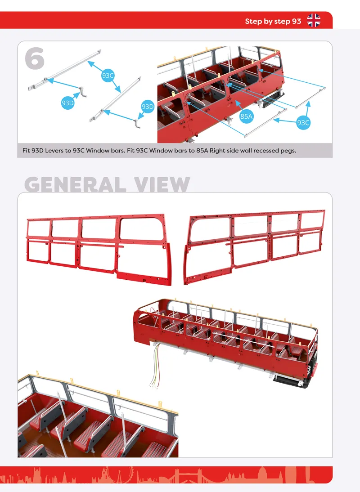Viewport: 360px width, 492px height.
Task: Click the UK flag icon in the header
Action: (x=314, y=21)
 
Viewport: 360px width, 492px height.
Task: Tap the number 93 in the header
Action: (x=297, y=21)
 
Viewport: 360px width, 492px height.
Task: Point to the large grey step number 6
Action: (x=35, y=58)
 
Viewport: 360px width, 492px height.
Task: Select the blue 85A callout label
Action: (x=246, y=116)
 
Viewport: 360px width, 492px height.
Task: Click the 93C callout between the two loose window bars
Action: (x=108, y=76)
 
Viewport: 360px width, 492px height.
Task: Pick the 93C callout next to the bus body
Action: (x=303, y=123)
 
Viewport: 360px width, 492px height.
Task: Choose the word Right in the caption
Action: (x=218, y=151)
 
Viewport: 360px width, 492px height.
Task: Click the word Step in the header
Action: (x=253, y=22)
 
